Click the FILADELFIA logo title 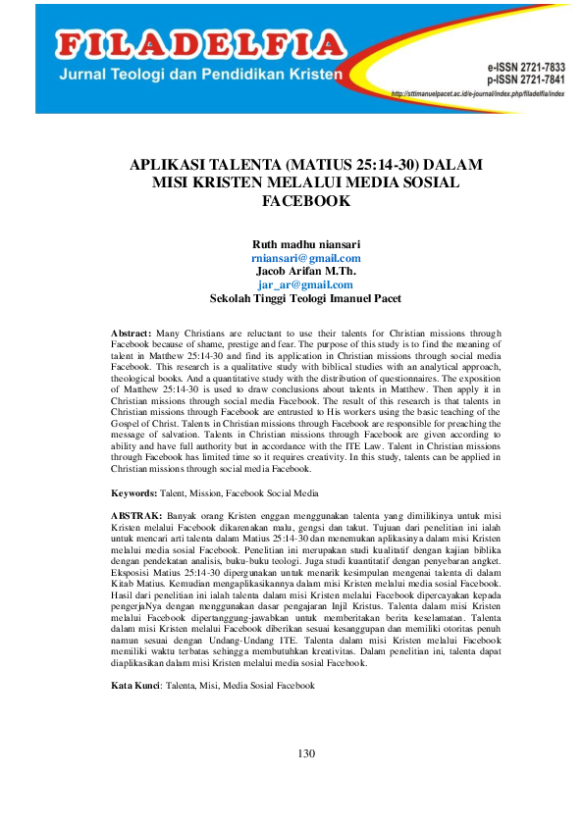coord(201,43)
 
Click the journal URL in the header coord(478,94)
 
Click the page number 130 coord(305,753)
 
